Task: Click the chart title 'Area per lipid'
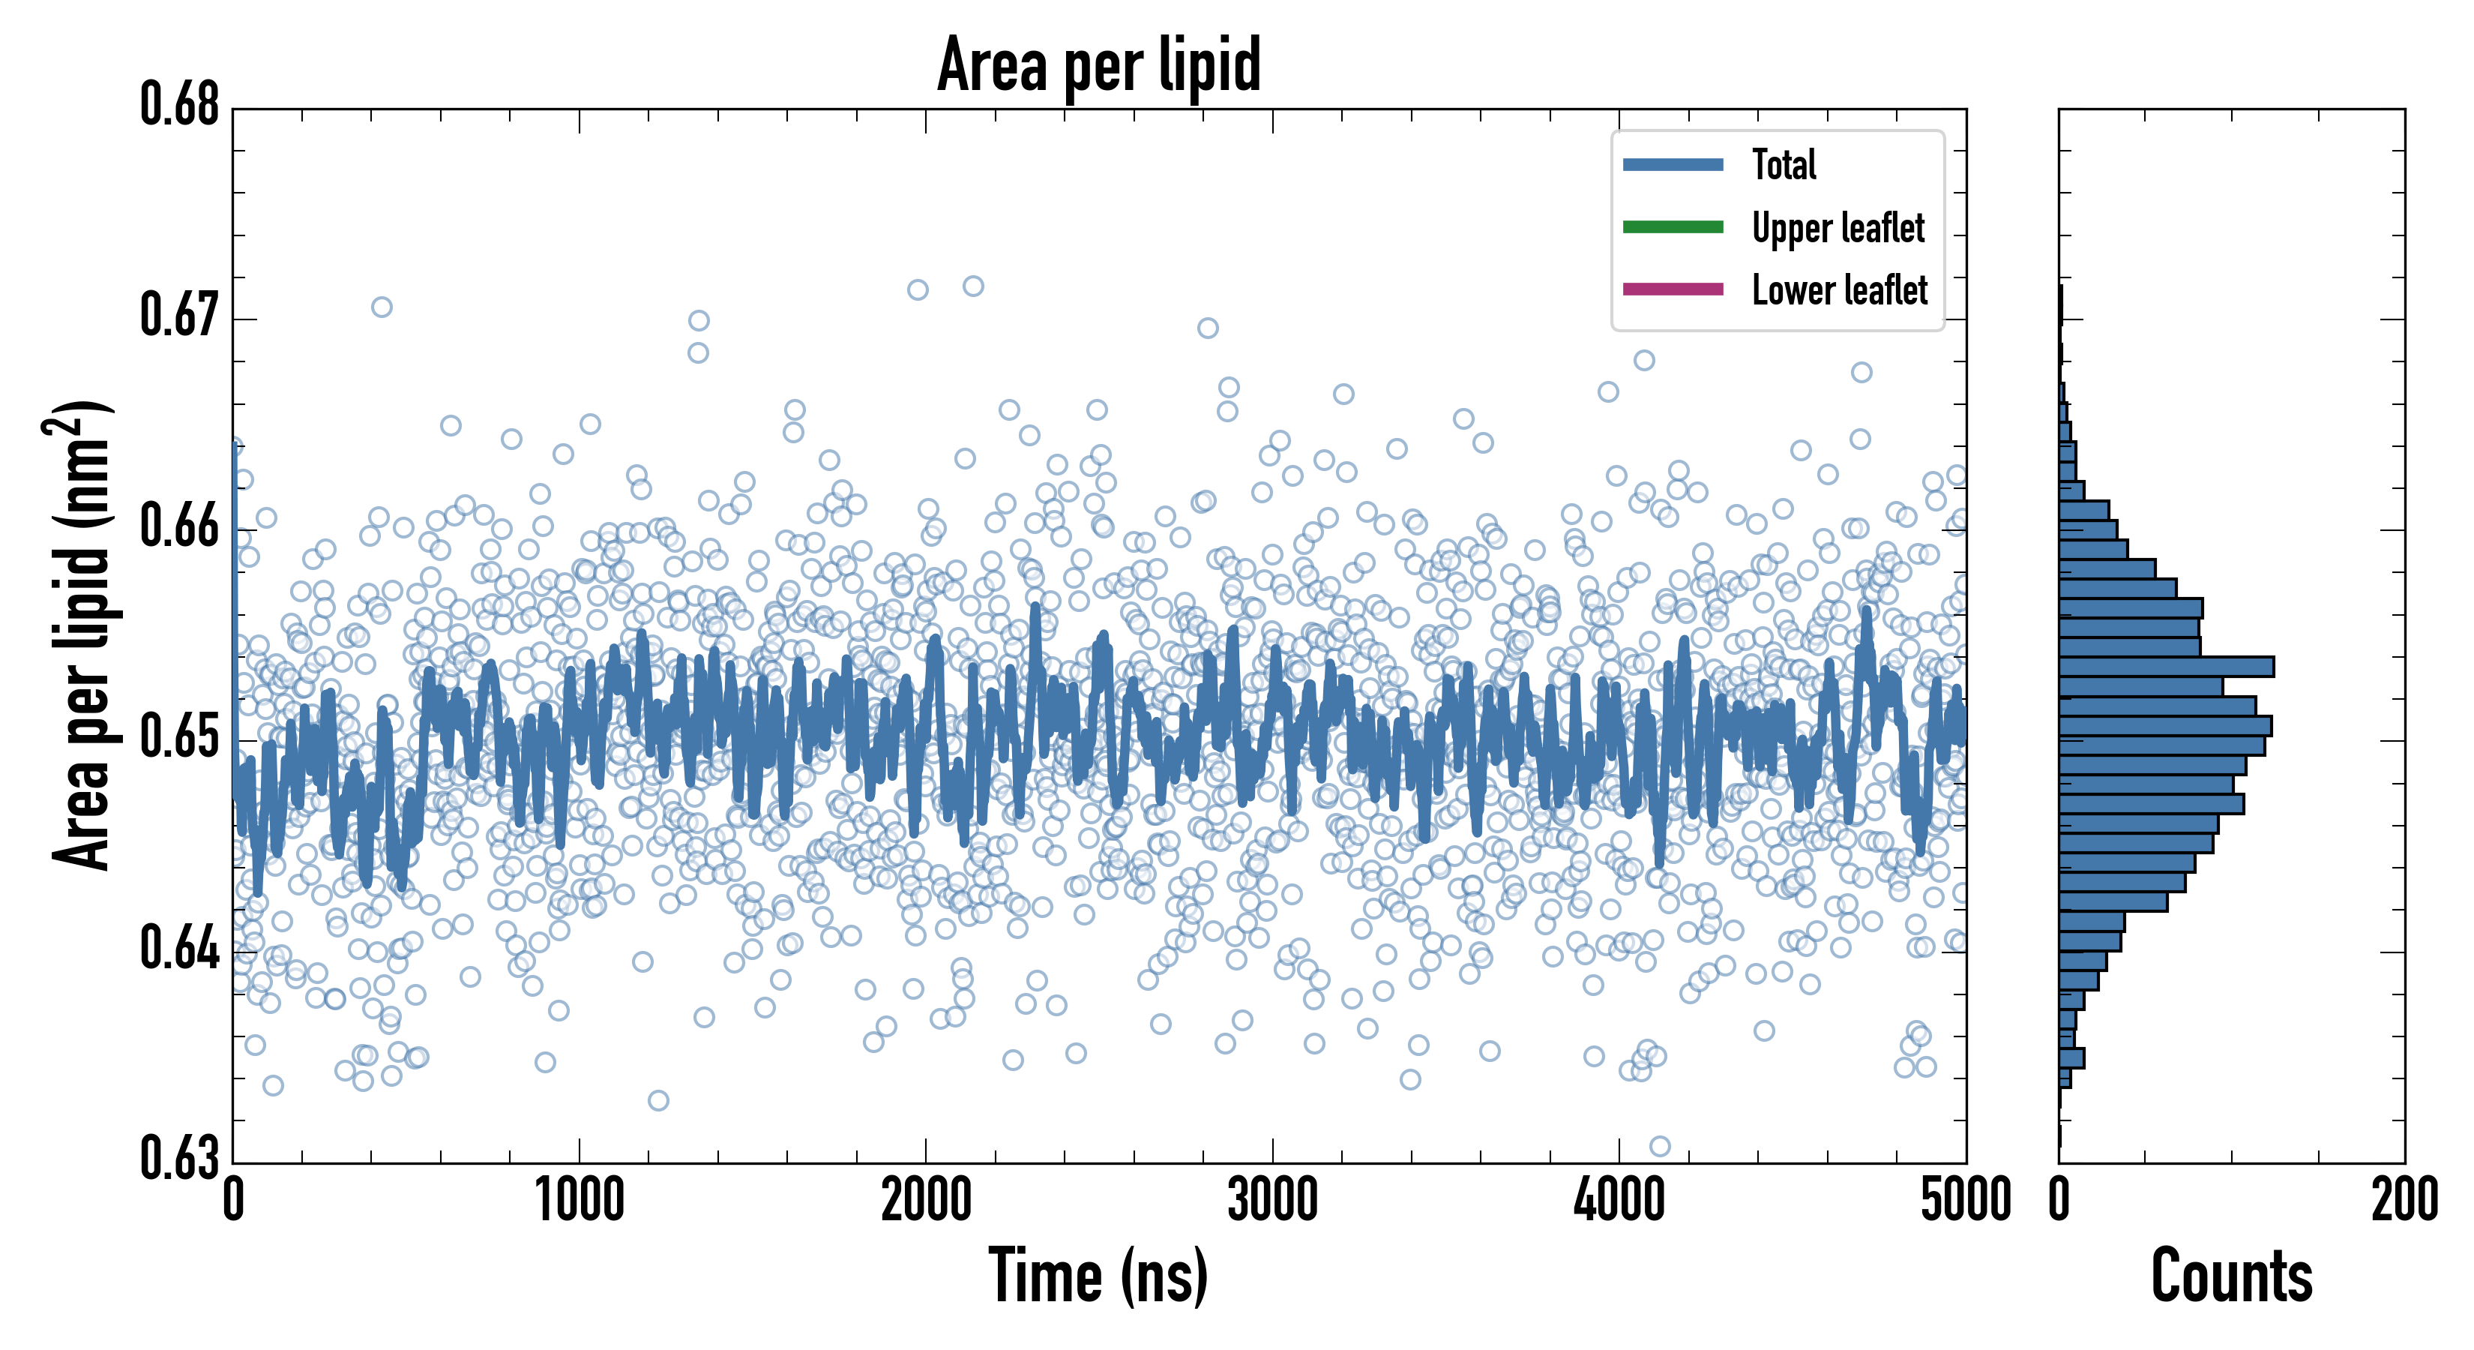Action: click(1099, 64)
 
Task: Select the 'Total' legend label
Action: click(1784, 164)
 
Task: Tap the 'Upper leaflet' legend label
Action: click(1838, 228)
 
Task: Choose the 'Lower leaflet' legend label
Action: click(1839, 290)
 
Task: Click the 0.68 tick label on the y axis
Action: click(180, 105)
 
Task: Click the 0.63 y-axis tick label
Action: click(180, 1158)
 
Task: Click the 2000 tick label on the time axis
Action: click(926, 1201)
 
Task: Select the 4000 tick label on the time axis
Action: click(1619, 1201)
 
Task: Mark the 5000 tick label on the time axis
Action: click(1965, 1201)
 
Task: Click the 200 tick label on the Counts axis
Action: click(2404, 1201)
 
